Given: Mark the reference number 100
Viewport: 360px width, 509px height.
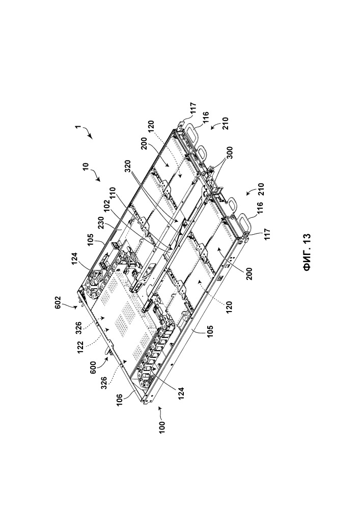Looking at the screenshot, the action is [162, 428].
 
